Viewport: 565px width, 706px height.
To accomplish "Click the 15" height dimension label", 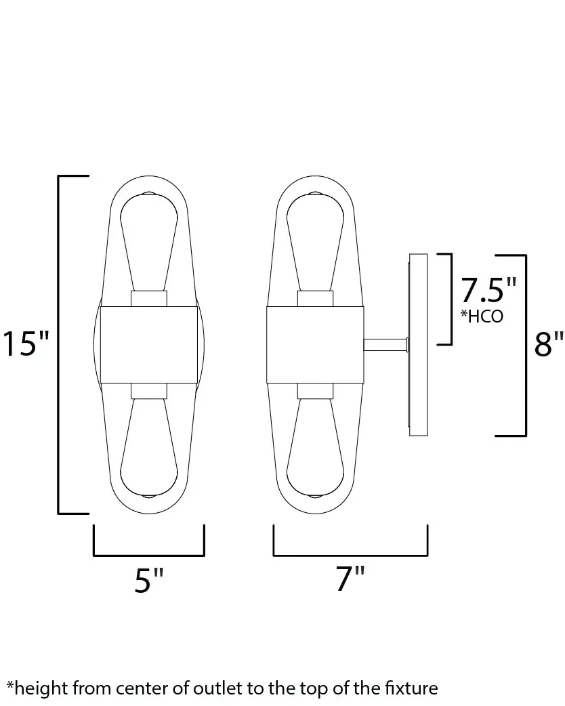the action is pos(26,344).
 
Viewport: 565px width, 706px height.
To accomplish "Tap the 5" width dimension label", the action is pos(149,580).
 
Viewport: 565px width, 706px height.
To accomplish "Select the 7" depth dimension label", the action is pos(350,578).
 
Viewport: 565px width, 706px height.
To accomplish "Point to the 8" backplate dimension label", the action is pos(549,344).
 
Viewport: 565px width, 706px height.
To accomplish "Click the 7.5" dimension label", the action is pos(488,290).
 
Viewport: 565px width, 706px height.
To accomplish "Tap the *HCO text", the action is pos(482,316).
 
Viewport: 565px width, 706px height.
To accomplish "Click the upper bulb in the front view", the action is pos(148,242).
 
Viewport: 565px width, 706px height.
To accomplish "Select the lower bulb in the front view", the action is pos(148,448).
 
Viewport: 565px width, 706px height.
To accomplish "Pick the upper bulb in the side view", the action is pos(315,242).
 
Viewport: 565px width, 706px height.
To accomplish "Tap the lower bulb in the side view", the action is pos(315,448).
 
